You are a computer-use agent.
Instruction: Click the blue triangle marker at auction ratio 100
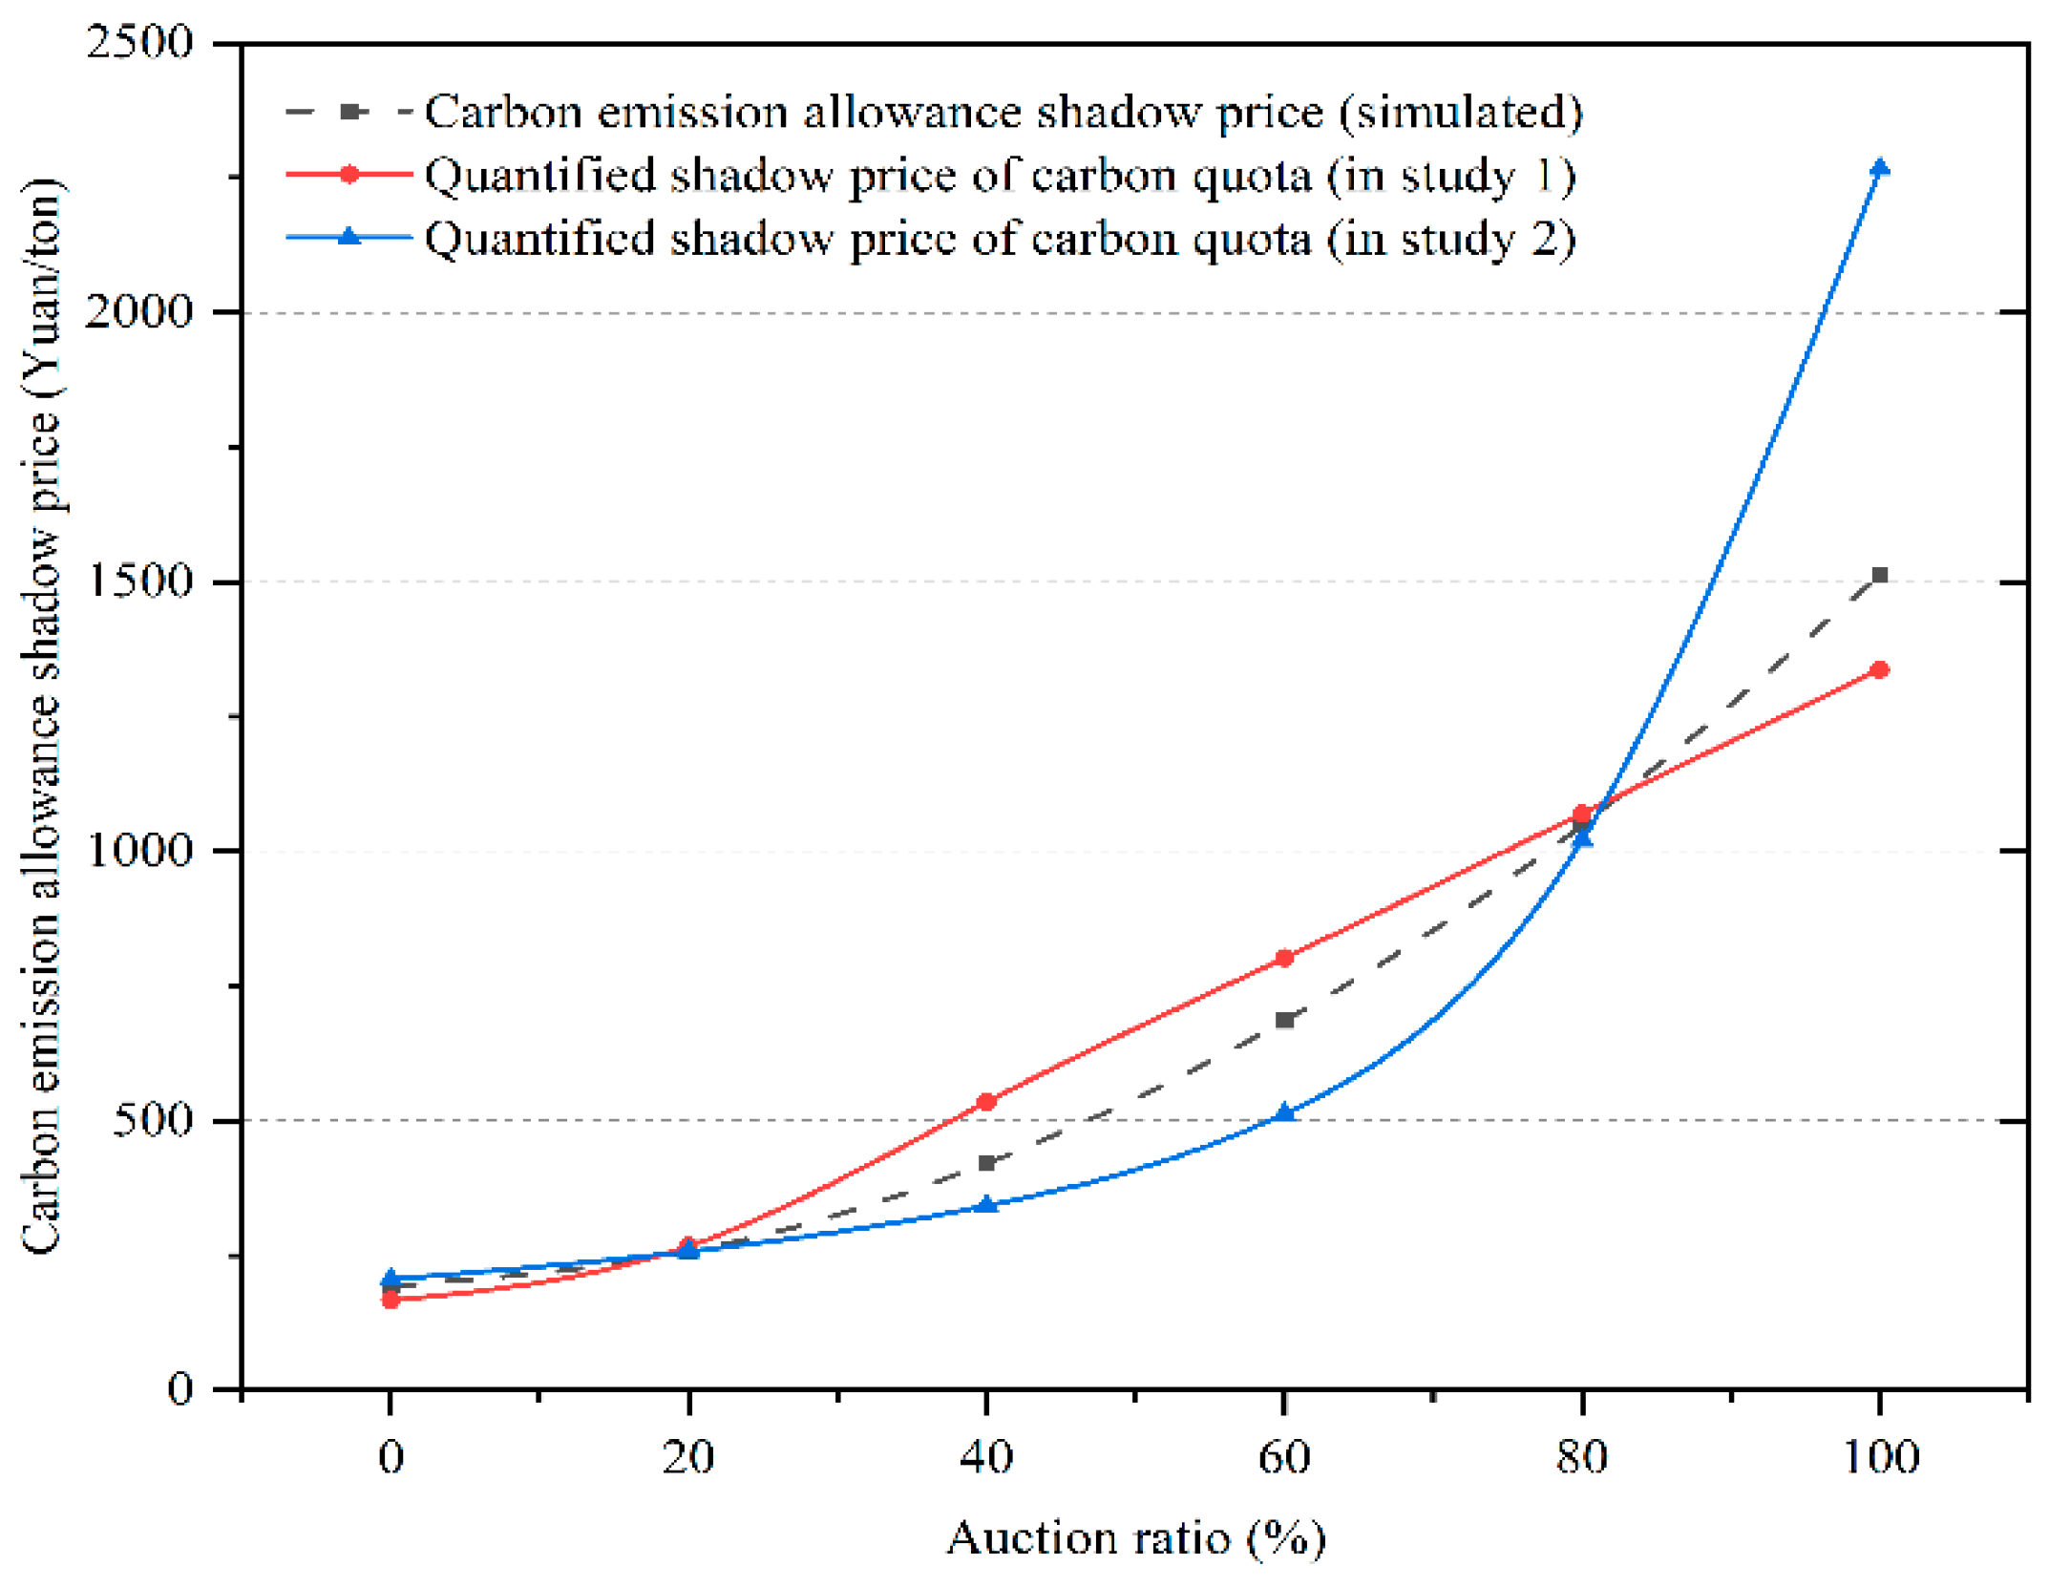click(1879, 168)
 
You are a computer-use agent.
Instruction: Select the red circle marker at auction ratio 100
click(1879, 669)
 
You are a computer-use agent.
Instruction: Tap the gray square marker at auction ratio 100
click(1879, 575)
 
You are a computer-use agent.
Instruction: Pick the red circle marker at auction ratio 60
click(1284, 958)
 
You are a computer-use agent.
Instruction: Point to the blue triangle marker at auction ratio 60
click(1284, 1112)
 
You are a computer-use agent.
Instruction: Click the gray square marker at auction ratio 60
click(1284, 1020)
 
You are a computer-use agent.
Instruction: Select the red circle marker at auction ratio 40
click(986, 1102)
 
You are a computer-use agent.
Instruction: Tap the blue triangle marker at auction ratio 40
click(986, 1204)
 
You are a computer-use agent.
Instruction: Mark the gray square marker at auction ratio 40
click(986, 1162)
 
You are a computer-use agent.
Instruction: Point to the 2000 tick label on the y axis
click(139, 311)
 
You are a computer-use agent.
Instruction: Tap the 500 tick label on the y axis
click(153, 1119)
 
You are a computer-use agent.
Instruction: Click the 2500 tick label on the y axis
click(139, 42)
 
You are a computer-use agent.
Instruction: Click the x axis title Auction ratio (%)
click(1136, 1538)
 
